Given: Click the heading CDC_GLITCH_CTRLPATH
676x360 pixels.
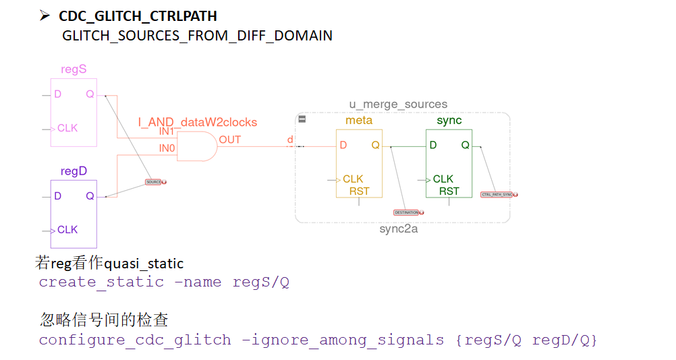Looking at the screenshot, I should coord(138,16).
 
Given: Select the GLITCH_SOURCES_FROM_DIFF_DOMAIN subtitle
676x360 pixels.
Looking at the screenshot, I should coord(197,36).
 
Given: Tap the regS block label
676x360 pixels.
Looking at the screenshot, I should coord(74,69).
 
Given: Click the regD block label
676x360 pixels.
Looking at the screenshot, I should coord(74,171).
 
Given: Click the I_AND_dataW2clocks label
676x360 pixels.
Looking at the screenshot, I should coord(198,122).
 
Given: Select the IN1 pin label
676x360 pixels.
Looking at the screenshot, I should coord(167,131).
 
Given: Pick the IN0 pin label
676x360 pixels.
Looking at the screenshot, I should coord(167,147).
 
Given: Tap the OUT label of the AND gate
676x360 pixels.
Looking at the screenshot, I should coord(229,140).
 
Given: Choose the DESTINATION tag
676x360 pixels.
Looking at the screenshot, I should coord(407,212).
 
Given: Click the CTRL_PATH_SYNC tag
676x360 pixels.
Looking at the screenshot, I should coord(497,194).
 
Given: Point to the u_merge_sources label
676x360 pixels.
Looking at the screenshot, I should coord(398,104).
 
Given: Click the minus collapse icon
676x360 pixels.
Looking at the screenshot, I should coord(302,119).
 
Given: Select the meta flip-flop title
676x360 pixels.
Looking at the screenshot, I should coord(358,121).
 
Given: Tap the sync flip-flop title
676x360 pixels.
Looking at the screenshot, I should coord(449,121).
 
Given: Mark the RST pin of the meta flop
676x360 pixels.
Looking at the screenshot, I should coord(359,191).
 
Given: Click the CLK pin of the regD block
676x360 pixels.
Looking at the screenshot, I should coord(67,230).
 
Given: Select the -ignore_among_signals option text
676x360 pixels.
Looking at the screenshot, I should coord(343,340).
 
